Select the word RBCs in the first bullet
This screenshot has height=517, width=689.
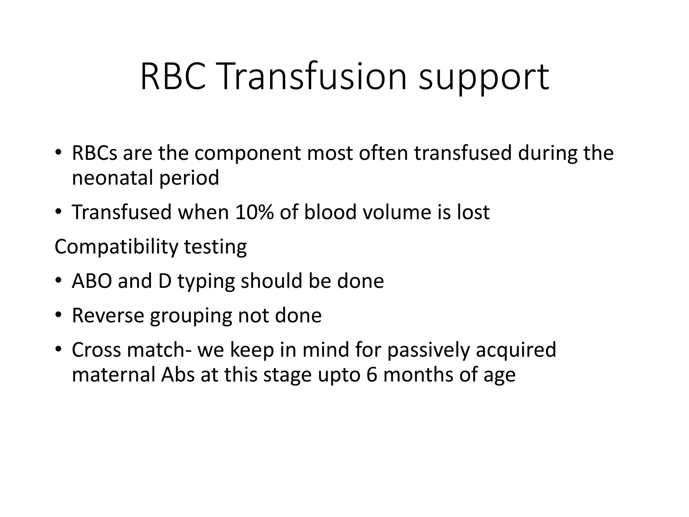[x=95, y=153]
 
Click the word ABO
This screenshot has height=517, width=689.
[x=92, y=281]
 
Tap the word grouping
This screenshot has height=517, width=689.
[x=191, y=316]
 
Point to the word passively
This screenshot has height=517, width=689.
[x=428, y=351]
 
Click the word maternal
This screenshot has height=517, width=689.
[x=113, y=375]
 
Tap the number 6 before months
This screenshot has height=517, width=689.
[x=372, y=375]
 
